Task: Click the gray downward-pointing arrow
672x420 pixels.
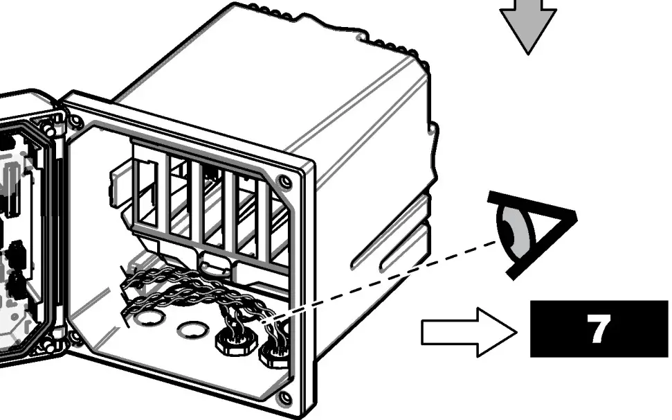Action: pyautogui.click(x=528, y=25)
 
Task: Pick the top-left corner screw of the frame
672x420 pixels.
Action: pyautogui.click(x=75, y=123)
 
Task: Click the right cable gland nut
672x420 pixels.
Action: pyautogui.click(x=272, y=356)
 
